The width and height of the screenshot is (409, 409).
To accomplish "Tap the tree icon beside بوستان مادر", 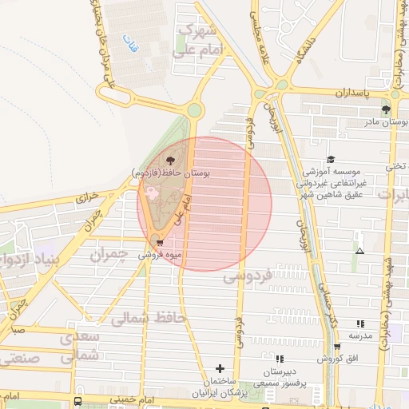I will [x=386, y=110].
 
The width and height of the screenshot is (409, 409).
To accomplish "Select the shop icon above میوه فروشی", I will [x=160, y=243].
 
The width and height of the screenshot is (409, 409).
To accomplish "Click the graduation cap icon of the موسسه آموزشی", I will [x=332, y=160].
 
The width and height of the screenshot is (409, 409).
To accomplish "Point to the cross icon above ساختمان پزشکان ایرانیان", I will [x=220, y=369].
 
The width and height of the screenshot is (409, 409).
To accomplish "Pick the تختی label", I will [x=396, y=166].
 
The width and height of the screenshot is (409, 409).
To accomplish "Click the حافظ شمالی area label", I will [x=148, y=319].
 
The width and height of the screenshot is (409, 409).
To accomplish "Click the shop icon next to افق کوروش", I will [x=337, y=347].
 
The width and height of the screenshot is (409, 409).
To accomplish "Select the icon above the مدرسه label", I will [x=360, y=324].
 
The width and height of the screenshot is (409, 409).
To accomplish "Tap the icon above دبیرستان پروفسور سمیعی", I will [x=279, y=359].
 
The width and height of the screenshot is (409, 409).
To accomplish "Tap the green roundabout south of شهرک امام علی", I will [x=195, y=110].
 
